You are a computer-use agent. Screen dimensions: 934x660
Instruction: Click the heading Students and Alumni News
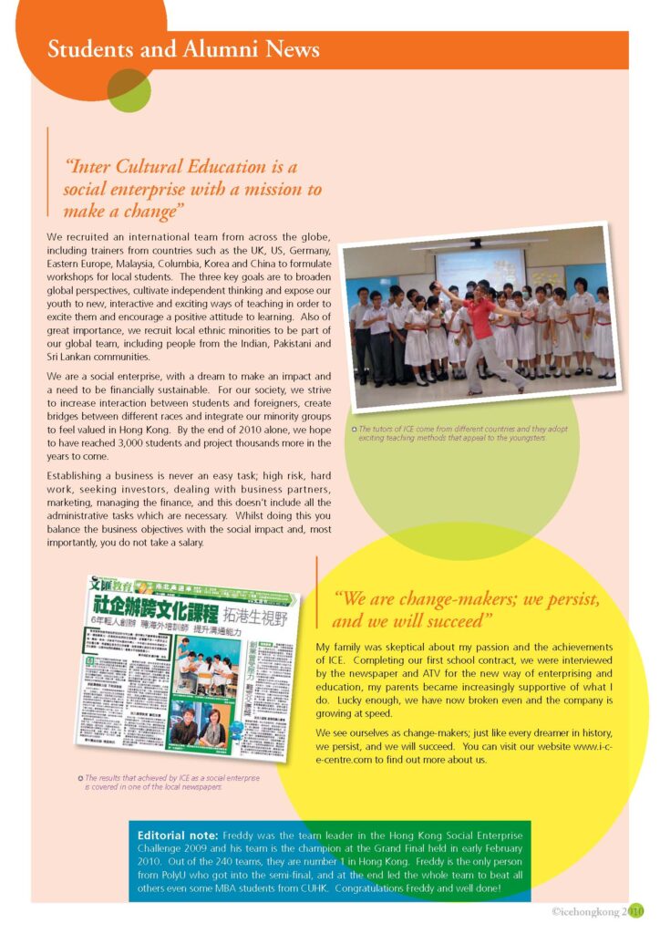pyautogui.click(x=183, y=49)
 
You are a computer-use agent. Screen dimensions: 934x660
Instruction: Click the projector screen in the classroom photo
pyautogui.click(x=478, y=270)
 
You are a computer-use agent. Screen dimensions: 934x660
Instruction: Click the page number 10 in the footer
pyautogui.click(x=636, y=910)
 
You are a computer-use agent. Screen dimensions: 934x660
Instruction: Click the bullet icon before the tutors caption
pyautogui.click(x=353, y=430)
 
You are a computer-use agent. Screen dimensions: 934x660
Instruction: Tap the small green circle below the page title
pyautogui.click(x=129, y=88)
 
